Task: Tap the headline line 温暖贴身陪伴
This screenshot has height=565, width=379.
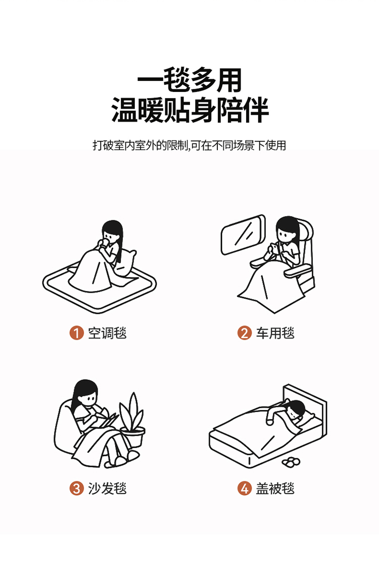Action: pos(189,110)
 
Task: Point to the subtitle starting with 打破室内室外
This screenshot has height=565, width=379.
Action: pos(189,145)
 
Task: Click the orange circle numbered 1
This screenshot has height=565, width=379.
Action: pos(76,333)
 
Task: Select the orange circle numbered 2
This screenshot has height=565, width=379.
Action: pos(244,333)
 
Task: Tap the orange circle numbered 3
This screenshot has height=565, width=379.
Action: pos(76,489)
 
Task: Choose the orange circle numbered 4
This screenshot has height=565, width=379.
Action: pos(244,489)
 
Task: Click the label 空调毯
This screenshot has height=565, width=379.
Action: pos(107,333)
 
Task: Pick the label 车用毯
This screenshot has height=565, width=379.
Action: pos(275,333)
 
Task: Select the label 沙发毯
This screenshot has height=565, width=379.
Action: pos(107,489)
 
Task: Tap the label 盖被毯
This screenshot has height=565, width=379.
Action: pos(275,489)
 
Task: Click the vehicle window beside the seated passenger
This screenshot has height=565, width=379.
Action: pos(243,234)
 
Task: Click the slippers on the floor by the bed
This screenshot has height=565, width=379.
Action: pos(291,461)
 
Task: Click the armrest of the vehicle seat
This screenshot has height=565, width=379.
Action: pos(299,271)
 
